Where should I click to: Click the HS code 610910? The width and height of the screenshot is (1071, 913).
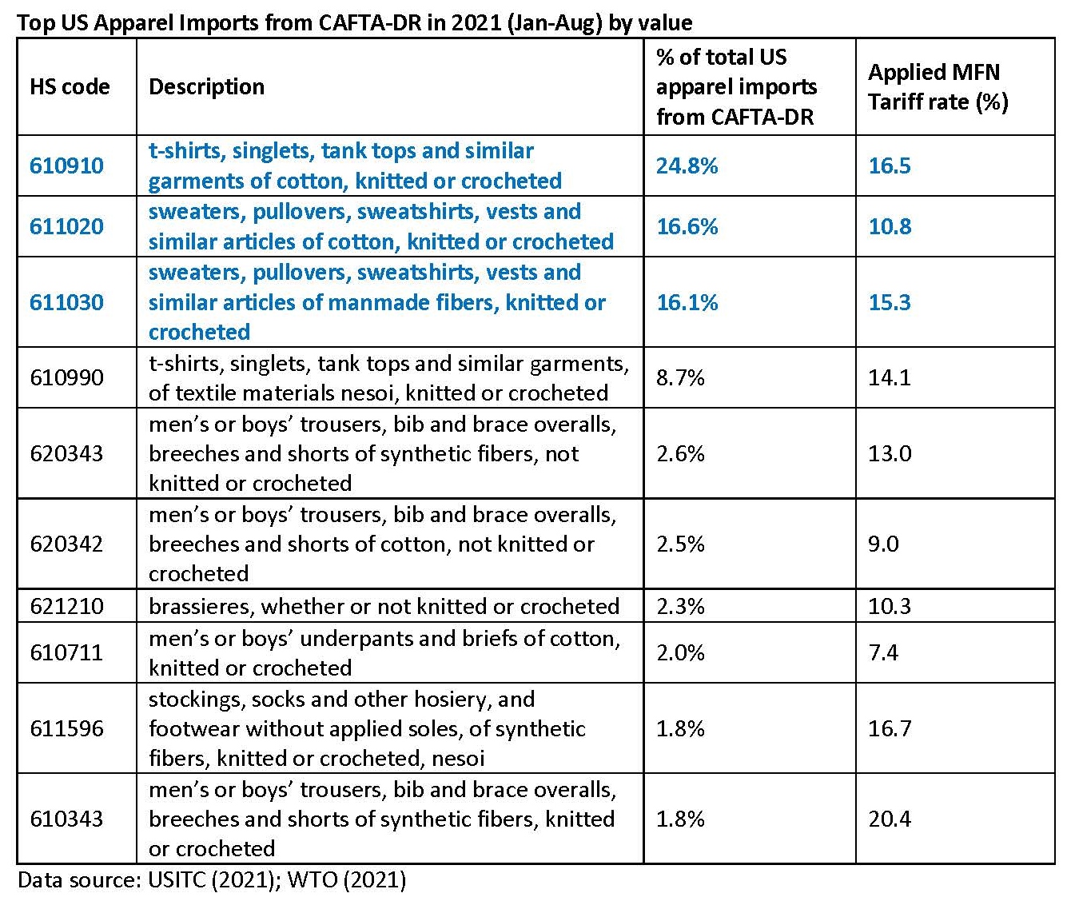(66, 165)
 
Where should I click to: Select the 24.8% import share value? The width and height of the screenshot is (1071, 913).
(687, 165)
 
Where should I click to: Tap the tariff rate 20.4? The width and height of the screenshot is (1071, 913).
(889, 819)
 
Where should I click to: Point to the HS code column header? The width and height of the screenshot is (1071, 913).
(70, 86)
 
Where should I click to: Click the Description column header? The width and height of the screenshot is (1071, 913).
(206, 86)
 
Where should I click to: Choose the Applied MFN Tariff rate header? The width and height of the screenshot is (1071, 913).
(938, 86)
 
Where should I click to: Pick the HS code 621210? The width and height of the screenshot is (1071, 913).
(66, 606)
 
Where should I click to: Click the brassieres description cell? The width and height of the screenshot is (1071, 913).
(384, 606)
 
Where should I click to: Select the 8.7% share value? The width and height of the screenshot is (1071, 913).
(680, 377)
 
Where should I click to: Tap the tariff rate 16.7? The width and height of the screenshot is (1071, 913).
(889, 728)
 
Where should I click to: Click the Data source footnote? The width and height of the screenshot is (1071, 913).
(212, 880)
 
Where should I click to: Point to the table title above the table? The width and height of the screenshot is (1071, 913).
(354, 22)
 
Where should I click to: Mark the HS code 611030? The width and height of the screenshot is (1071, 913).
(66, 302)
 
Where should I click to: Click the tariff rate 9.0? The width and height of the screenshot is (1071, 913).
(883, 544)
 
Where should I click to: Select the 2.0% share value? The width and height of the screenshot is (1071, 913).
(680, 652)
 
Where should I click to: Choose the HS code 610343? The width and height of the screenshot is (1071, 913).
(66, 819)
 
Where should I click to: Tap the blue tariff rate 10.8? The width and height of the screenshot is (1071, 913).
(889, 226)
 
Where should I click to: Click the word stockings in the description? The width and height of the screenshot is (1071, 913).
(196, 699)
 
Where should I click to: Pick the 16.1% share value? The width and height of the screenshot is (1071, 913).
(687, 302)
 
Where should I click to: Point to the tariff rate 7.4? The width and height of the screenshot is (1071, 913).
(883, 652)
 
